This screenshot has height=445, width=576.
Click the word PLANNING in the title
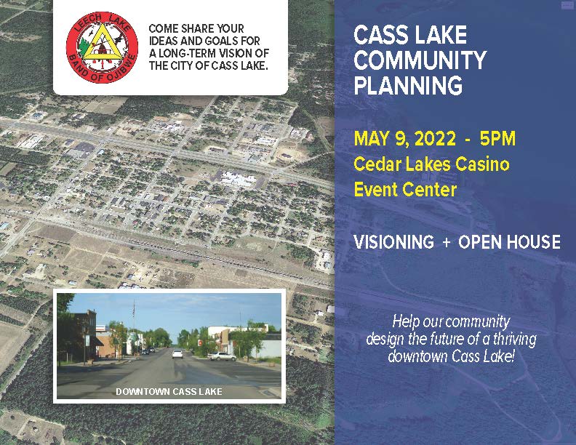(x=408, y=85)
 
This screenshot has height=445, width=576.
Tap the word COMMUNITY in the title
(x=420, y=60)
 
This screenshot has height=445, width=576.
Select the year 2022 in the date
(x=435, y=139)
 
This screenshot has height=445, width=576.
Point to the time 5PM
(x=497, y=139)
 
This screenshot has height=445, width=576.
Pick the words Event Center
(x=405, y=190)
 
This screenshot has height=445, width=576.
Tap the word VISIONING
(x=393, y=242)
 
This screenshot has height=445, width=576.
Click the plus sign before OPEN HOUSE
(x=446, y=242)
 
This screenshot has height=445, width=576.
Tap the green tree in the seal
(x=84, y=49)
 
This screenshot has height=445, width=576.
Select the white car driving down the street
(x=177, y=354)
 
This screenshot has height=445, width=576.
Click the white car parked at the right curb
(x=222, y=356)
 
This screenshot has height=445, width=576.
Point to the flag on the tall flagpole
(x=134, y=310)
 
